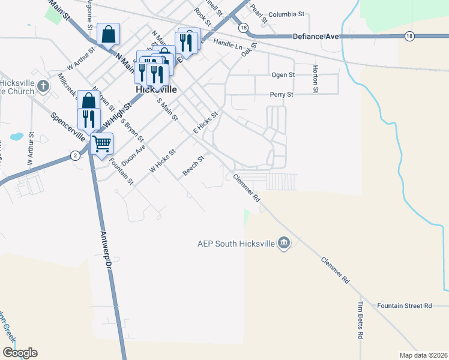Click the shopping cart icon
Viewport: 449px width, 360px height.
(x=102, y=143)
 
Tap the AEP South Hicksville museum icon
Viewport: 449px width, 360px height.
(x=285, y=243)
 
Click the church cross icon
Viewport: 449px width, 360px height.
(x=43, y=86)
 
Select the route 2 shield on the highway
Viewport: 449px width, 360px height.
(x=75, y=155)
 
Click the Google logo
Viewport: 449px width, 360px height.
(x=20, y=353)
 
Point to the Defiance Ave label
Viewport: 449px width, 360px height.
(x=316, y=37)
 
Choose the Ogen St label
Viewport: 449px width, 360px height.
(x=283, y=75)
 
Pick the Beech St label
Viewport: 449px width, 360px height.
(x=194, y=166)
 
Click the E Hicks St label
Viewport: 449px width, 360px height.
(x=204, y=122)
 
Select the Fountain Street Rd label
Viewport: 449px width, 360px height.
(x=405, y=306)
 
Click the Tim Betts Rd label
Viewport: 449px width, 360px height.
(x=361, y=320)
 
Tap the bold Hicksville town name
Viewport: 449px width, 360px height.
(x=156, y=89)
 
